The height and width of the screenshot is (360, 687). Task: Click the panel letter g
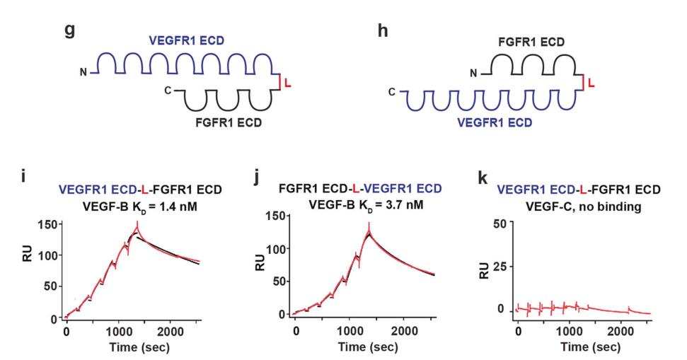(x=69, y=33)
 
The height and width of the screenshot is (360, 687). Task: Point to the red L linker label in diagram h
(x=591, y=84)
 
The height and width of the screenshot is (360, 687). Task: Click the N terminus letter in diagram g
(x=84, y=72)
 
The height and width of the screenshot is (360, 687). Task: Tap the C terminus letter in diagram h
(x=392, y=92)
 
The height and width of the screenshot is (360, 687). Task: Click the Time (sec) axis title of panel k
(x=583, y=347)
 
